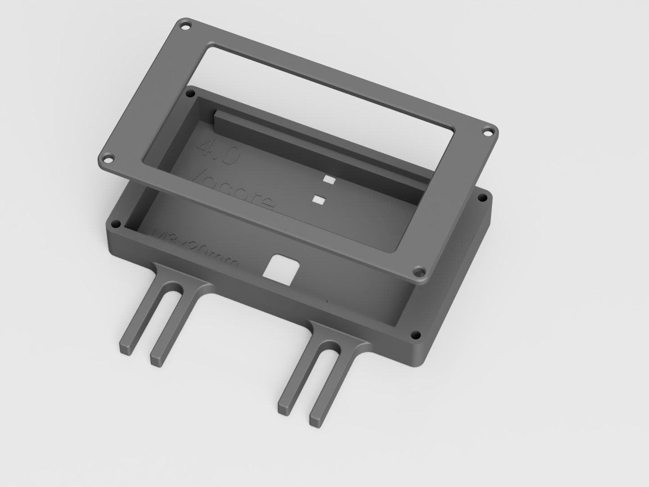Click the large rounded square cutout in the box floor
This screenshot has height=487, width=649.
coord(280,267)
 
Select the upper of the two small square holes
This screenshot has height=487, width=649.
coord(329,180)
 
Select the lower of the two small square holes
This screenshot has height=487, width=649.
coord(320,199)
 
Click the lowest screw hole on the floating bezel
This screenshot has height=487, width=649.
coord(420,272)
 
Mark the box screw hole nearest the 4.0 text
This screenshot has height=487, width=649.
coord(190,94)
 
